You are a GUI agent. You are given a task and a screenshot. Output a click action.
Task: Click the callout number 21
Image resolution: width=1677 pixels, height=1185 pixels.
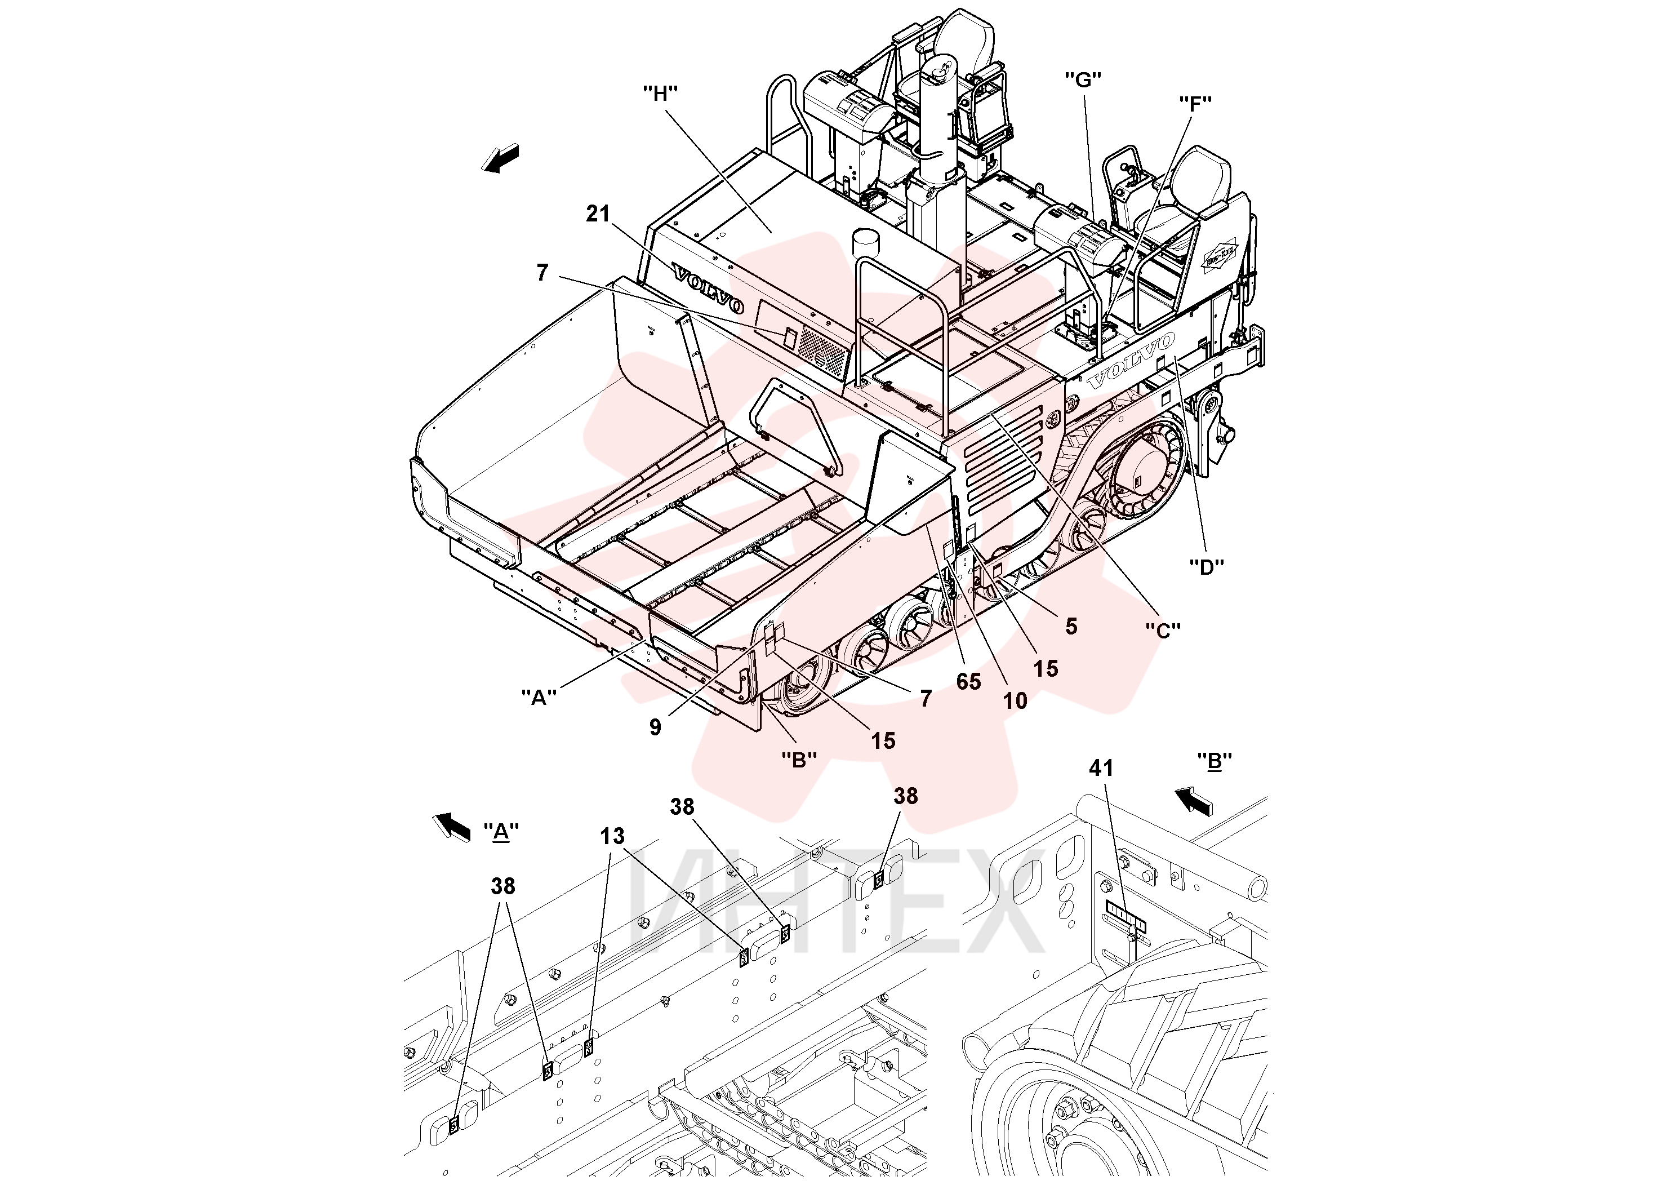(598, 214)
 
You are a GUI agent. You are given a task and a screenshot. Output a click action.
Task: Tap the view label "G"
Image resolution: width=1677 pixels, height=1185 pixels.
(1083, 79)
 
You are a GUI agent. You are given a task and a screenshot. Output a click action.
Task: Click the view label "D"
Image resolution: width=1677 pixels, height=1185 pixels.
(1207, 567)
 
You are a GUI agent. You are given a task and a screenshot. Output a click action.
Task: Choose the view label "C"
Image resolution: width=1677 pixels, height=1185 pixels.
(1163, 630)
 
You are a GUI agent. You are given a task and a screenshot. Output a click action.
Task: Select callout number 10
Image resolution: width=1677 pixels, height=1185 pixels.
(1015, 702)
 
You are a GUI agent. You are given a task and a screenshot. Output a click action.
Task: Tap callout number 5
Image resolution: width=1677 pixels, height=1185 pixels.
(1071, 626)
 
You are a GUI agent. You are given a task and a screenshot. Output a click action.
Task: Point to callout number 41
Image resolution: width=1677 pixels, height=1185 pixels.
(1101, 768)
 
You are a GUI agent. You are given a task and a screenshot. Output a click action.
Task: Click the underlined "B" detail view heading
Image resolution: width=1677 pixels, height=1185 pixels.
(1215, 761)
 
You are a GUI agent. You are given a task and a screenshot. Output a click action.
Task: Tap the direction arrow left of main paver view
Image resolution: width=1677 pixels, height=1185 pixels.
(500, 158)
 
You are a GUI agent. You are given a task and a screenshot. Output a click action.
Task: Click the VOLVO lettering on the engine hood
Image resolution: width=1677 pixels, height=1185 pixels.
(709, 289)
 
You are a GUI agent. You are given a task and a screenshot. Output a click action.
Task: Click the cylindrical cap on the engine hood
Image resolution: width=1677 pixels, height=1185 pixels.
(867, 242)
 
